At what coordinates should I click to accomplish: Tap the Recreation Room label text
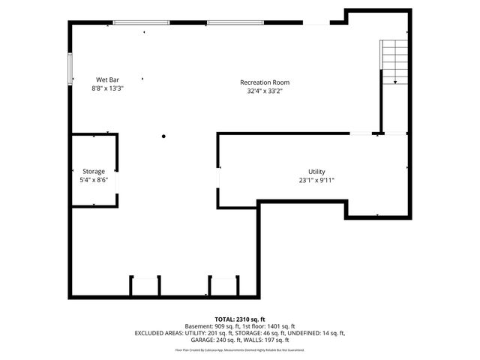[265, 82]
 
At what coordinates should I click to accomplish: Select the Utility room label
[316, 172]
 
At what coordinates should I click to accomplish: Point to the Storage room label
[94, 172]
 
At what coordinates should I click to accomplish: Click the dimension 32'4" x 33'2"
[265, 91]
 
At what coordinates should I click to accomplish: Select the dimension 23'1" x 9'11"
[316, 180]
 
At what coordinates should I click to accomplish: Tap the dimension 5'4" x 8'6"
[94, 180]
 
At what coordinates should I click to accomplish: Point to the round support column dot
[163, 136]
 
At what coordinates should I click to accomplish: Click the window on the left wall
[71, 68]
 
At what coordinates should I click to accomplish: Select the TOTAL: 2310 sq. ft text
[240, 319]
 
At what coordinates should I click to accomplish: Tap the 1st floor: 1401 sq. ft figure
[269, 326]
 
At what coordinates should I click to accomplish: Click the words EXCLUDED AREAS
[161, 333]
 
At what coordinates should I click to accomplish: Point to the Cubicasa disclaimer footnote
[240, 349]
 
